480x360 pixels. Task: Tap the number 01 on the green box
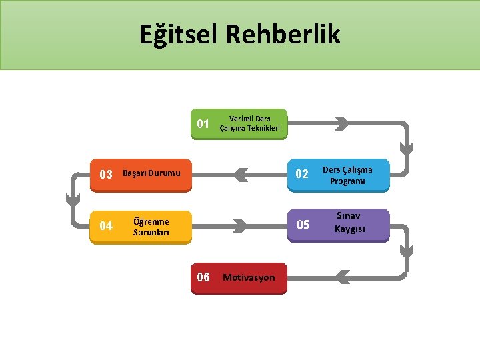tap(204, 124)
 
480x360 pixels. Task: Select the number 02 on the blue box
tap(302, 174)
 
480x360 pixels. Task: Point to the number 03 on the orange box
tap(106, 175)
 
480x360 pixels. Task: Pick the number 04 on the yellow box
tap(106, 226)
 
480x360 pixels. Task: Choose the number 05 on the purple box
tap(303, 225)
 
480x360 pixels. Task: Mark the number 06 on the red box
tap(203, 277)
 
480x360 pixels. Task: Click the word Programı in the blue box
tap(347, 181)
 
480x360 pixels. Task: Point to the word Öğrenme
tap(151, 221)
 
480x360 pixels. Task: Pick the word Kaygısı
tap(351, 230)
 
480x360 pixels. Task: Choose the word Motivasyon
tap(249, 277)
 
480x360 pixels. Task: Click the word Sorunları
tap(151, 233)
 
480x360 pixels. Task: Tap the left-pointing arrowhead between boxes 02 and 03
tap(241, 175)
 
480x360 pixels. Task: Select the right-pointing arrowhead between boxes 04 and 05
tap(242, 226)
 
